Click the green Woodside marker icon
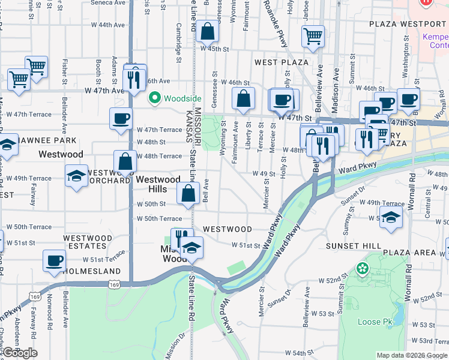pos(155,97)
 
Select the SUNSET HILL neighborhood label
pos(354,246)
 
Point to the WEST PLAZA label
pos(281,62)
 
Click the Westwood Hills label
pos(157,184)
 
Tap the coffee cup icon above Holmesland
pos(54,261)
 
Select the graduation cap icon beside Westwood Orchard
pos(76,176)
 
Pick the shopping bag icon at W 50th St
pos(188,193)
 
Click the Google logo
pos(20,353)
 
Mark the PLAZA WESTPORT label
pos(408,24)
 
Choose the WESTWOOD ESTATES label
pos(88,242)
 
